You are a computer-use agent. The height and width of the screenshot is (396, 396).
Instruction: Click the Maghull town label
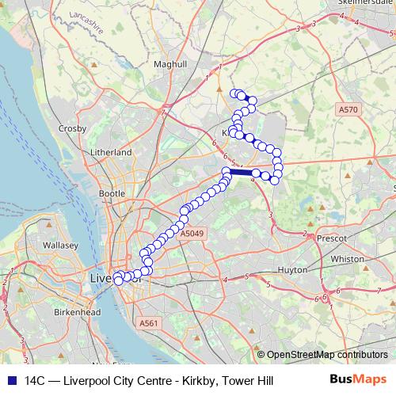170,63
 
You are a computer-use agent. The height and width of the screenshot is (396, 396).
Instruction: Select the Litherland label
111,151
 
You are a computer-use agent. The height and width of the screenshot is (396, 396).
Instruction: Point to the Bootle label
112,192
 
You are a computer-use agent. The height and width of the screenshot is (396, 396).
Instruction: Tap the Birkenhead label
55,313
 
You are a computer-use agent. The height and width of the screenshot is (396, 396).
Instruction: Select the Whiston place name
347,259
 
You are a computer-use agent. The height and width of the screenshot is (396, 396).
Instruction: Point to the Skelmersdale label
364,3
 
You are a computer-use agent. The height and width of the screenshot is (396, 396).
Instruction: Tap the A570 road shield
348,109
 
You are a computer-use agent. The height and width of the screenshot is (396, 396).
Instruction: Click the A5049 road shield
192,234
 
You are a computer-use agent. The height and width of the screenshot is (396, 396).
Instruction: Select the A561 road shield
150,323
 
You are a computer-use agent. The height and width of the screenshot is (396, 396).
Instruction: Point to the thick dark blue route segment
242,171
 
